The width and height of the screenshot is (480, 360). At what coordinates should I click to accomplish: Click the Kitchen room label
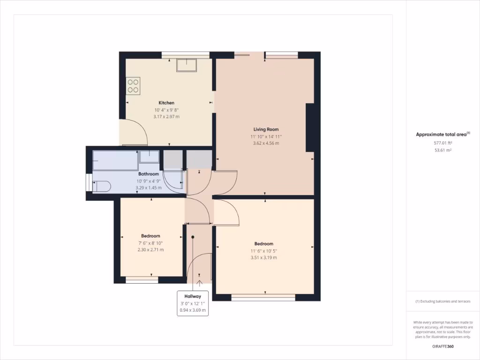(x=166, y=103)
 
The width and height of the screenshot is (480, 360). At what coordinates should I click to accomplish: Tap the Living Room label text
(x=266, y=129)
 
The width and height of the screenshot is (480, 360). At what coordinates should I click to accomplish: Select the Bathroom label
(x=148, y=174)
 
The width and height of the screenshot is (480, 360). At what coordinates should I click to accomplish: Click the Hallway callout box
(x=193, y=303)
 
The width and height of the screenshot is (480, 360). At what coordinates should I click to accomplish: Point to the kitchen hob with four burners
(x=133, y=86)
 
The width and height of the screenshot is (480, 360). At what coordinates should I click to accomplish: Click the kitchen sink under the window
(x=187, y=65)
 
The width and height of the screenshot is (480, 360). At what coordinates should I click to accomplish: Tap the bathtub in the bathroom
(x=115, y=160)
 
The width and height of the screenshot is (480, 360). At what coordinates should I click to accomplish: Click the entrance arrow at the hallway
(x=199, y=283)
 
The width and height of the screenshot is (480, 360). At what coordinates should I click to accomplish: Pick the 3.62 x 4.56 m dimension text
(x=266, y=143)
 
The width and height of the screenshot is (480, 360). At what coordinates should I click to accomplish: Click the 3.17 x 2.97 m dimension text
(x=166, y=117)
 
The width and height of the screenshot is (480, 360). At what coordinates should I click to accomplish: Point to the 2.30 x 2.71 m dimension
(x=150, y=250)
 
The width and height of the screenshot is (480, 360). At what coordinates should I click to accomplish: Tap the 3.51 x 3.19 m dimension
(x=263, y=257)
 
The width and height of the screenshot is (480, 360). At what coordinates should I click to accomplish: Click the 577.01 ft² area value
(x=442, y=142)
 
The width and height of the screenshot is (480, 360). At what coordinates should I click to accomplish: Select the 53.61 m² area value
(x=442, y=150)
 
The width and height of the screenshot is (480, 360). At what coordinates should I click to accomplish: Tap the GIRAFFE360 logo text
(x=442, y=347)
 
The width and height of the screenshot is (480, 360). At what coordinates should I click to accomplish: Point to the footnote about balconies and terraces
(x=442, y=301)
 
